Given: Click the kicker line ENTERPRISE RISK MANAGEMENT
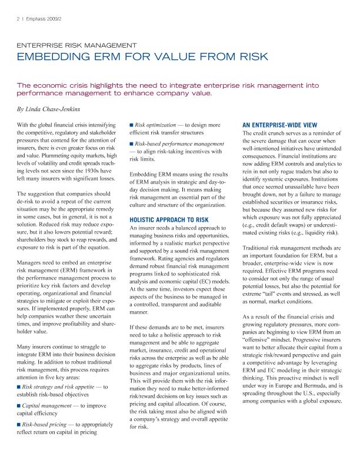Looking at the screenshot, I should coord(77,45).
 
